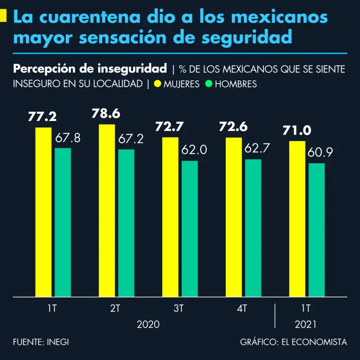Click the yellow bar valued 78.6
tap(107, 210)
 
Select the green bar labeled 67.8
tap(63, 222)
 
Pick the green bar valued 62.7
tap(253, 228)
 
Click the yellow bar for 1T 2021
tap(297, 219)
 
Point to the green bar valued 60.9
tap(316, 230)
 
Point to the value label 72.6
tap(233, 127)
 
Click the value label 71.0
tap(297, 130)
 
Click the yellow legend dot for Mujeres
tap(157, 84)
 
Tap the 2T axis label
tap(115, 308)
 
